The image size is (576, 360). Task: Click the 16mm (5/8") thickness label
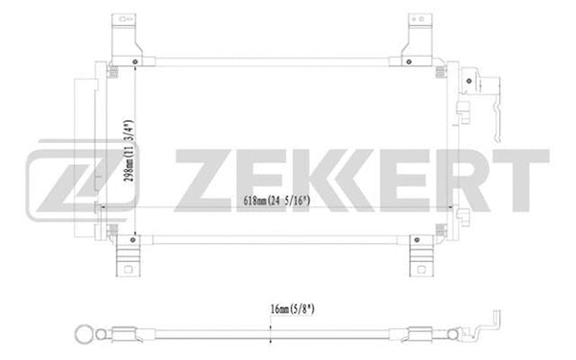273,310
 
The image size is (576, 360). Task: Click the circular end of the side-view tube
84,336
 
